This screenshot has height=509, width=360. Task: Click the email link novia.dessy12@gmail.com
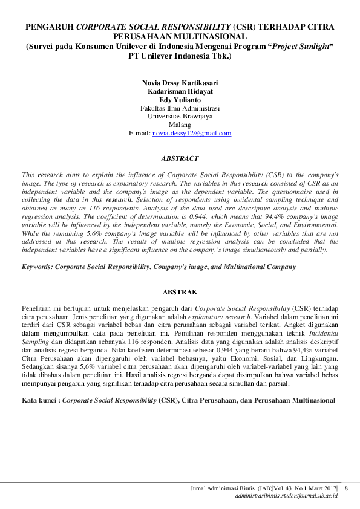(192, 133)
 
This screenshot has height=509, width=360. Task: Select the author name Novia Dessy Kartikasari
(180, 82)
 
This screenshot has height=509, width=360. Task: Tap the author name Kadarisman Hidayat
(180, 91)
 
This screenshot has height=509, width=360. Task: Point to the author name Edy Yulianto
(180, 99)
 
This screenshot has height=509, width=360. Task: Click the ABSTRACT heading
(180, 158)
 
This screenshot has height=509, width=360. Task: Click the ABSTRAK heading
(180, 292)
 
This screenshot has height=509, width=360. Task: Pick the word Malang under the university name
(180, 125)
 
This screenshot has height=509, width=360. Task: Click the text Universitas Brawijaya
(180, 116)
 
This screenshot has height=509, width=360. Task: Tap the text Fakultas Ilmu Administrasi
(180, 108)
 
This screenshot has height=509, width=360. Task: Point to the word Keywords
(36, 266)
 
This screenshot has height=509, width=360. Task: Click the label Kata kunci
(40, 400)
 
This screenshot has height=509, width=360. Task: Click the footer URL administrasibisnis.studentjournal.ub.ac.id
(286, 496)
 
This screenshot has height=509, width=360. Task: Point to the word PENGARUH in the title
(49, 28)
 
